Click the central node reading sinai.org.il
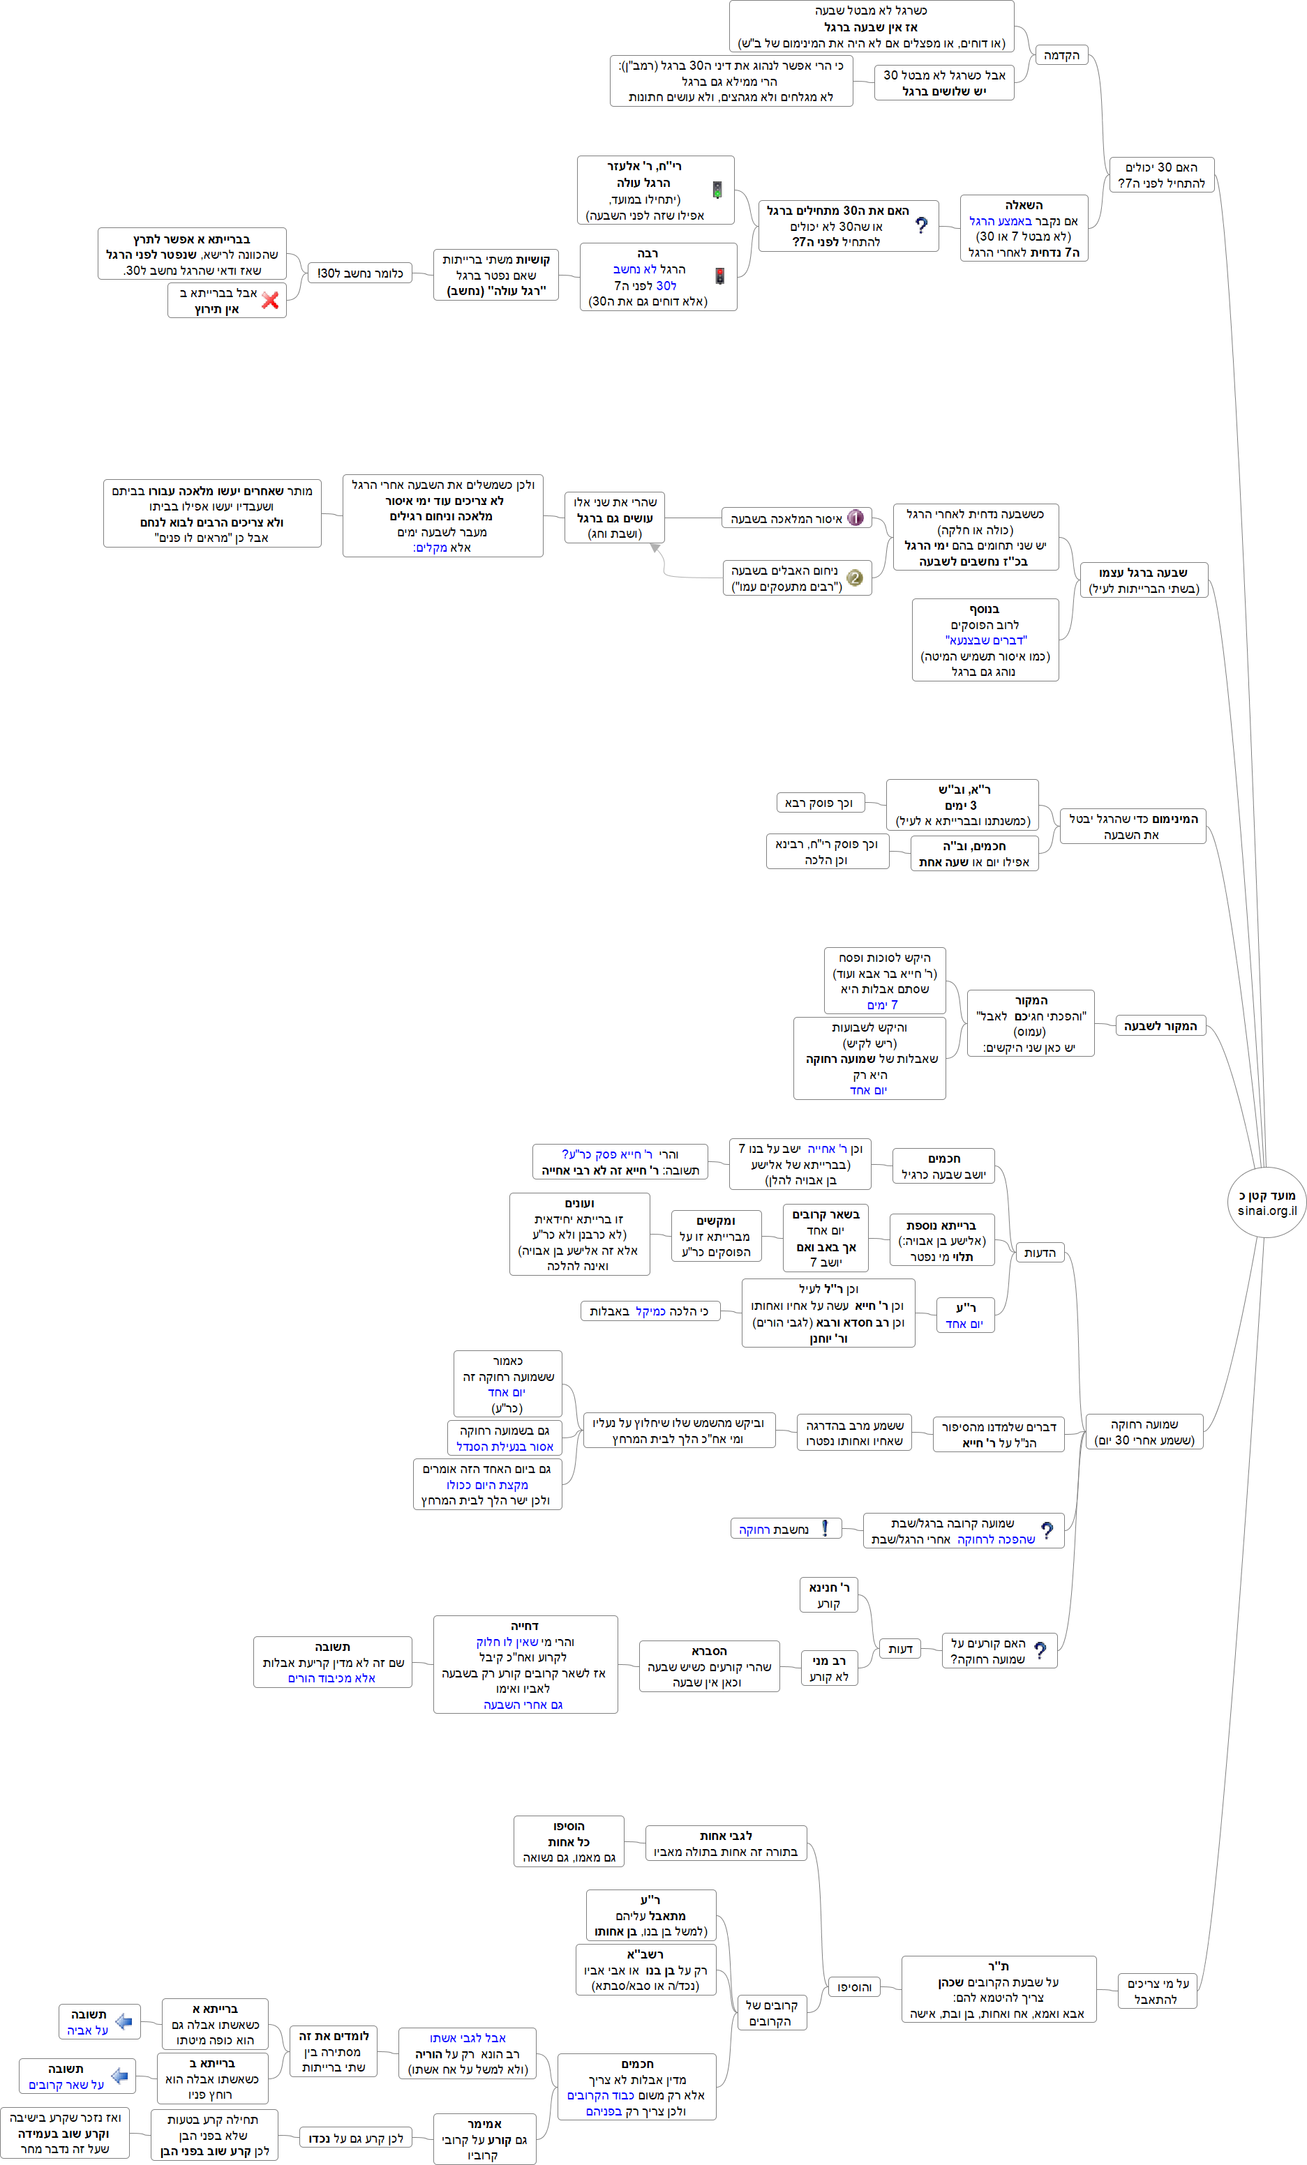pos(1267,1203)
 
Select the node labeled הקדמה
pos(1061,55)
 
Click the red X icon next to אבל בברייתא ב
pos(271,301)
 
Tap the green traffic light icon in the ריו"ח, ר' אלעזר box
pos(717,190)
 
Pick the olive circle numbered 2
pos(854,578)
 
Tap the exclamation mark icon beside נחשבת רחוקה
pos(824,1529)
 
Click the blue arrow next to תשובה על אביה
pos(124,2022)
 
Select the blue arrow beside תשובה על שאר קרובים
pos(119,2076)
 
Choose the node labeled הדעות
pos(1039,1252)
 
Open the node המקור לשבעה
pos(1160,1025)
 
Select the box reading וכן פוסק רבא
pos(819,802)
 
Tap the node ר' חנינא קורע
pos(828,1594)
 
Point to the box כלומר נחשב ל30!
pos(359,273)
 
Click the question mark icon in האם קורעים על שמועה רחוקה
pos(1040,1651)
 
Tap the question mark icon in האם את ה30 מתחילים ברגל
pos(921,226)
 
